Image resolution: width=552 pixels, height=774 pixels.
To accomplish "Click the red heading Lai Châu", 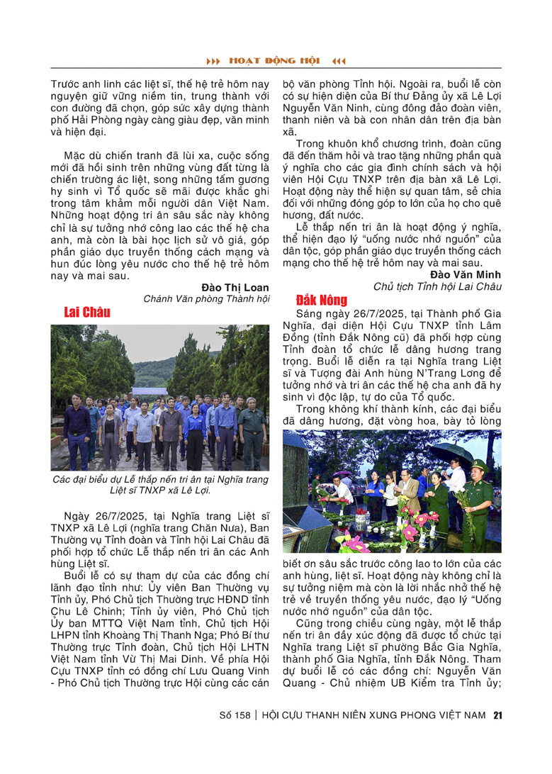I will pyautogui.click(x=86, y=313).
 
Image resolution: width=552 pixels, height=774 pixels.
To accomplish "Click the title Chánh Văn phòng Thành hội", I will pyautogui.click(x=206, y=299).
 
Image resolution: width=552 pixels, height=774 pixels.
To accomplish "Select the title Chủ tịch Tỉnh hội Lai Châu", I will pyautogui.click(x=437, y=286).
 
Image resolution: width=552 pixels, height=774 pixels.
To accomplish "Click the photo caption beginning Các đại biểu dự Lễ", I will pyautogui.click(x=160, y=485).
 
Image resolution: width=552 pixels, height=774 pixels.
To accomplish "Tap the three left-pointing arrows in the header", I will pyautogui.click(x=339, y=61).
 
